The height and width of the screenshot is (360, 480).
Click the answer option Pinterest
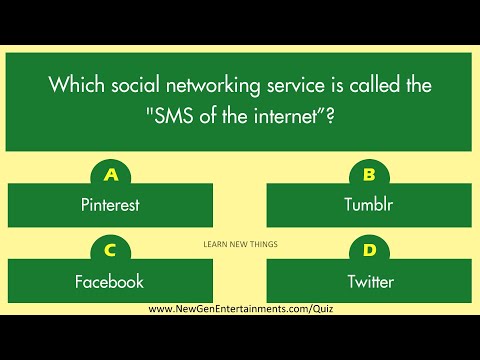point(109,206)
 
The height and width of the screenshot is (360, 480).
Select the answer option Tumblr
point(369,206)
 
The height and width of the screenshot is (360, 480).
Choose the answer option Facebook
point(109,281)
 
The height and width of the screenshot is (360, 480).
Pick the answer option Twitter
point(369,281)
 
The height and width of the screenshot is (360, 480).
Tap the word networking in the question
point(200,85)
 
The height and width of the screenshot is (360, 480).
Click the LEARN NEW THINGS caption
point(240,243)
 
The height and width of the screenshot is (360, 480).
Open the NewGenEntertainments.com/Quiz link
point(240,308)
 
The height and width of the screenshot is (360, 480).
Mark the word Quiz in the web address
point(321,308)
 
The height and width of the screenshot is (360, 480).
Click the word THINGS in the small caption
point(263,243)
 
